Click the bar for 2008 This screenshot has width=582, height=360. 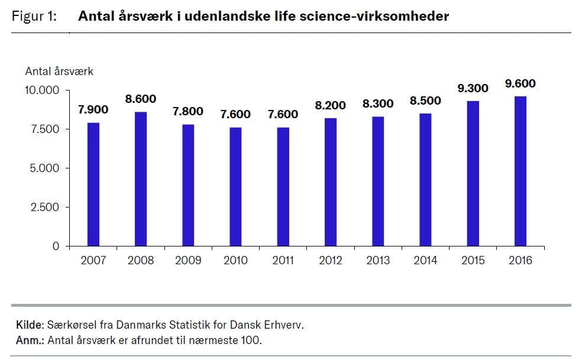(x=140, y=179)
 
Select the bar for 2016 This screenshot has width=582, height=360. (x=520, y=171)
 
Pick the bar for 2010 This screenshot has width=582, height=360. (x=235, y=186)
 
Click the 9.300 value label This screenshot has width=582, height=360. (x=473, y=89)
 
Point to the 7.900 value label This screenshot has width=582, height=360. (x=93, y=110)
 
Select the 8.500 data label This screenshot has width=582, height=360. (x=425, y=101)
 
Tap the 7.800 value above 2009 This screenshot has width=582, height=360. (x=187, y=111)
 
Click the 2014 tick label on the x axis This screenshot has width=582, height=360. (x=425, y=260)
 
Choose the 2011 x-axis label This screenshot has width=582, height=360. (x=283, y=260)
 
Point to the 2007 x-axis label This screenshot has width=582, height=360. (x=93, y=260)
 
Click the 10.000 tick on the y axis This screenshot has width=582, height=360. (x=41, y=90)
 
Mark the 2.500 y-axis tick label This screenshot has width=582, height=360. (x=45, y=207)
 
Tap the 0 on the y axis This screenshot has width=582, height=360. (x=57, y=246)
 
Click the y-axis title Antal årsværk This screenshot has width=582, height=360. (x=59, y=72)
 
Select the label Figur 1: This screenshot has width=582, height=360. (x=34, y=17)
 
